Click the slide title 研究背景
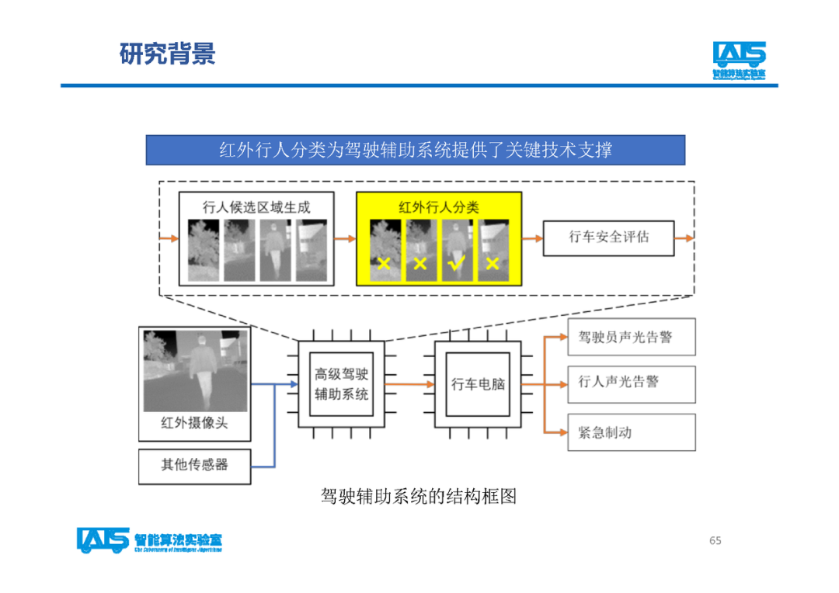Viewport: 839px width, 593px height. [167, 54]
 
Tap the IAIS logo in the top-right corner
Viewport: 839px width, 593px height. [739, 60]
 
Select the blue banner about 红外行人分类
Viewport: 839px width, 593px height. [416, 150]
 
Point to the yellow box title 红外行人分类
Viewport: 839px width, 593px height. [439, 207]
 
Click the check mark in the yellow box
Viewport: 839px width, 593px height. [456, 264]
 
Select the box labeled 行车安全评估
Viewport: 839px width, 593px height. [608, 237]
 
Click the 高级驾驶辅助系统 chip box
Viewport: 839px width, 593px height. [342, 383]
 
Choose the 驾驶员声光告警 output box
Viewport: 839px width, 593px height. [631, 337]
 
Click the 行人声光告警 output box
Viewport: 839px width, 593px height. [631, 383]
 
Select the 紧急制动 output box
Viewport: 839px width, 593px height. [631, 432]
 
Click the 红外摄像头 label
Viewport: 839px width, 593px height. [194, 424]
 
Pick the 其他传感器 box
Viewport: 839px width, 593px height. [195, 466]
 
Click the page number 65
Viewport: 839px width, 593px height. [715, 540]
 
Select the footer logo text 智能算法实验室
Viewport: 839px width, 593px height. [178, 538]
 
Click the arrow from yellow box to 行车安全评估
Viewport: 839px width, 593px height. [532, 238]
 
